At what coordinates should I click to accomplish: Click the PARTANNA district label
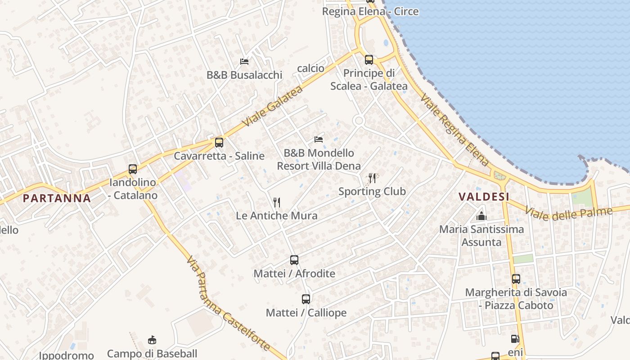coord(57,198)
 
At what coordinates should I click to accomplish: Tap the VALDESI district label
coord(484,197)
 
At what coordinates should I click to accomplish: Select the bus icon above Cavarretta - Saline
coord(219,143)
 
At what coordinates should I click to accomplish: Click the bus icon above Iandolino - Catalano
coord(133,169)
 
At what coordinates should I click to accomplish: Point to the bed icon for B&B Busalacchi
coord(244,61)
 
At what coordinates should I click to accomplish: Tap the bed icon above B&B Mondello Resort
coord(319,139)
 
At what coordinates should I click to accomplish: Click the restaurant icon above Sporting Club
coord(372,178)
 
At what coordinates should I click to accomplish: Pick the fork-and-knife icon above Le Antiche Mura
coord(277,202)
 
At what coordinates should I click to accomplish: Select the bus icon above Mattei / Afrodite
coord(294,260)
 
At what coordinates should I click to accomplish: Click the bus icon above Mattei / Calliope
coord(306,299)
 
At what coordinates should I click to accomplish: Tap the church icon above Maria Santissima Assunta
coord(481,216)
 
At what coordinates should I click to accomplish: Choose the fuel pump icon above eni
coord(515,339)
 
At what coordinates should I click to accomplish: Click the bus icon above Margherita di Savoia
coord(516,279)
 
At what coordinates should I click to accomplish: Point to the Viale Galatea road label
coord(272,106)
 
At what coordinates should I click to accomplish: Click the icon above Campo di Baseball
coord(152,340)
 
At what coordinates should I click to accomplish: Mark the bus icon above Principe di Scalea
coord(369,59)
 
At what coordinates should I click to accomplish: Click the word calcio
coord(310,68)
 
